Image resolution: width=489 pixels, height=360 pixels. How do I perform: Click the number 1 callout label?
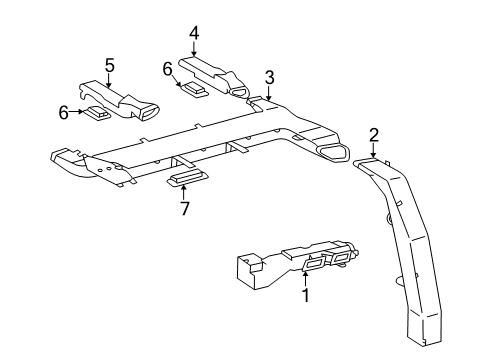pos(306,297)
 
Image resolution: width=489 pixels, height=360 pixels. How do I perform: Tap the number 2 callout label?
pos(373,134)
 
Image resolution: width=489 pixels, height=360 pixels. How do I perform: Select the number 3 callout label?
pos(269,77)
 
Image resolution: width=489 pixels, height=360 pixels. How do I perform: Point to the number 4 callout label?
pos(194,32)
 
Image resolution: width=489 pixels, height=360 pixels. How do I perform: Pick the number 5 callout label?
pos(110,64)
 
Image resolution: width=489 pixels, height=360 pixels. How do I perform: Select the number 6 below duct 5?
pos(63,112)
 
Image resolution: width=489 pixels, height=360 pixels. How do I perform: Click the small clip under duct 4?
pos(193,88)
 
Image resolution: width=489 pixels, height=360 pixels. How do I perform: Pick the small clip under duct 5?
pos(96,113)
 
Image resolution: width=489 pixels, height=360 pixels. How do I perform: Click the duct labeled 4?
pos(215,74)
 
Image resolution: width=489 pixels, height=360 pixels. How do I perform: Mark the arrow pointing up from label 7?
pos(183,192)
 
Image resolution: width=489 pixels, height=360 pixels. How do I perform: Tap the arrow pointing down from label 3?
pos(269,92)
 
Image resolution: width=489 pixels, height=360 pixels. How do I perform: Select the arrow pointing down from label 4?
pos(194,48)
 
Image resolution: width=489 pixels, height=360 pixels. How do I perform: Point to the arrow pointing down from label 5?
pos(110,79)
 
